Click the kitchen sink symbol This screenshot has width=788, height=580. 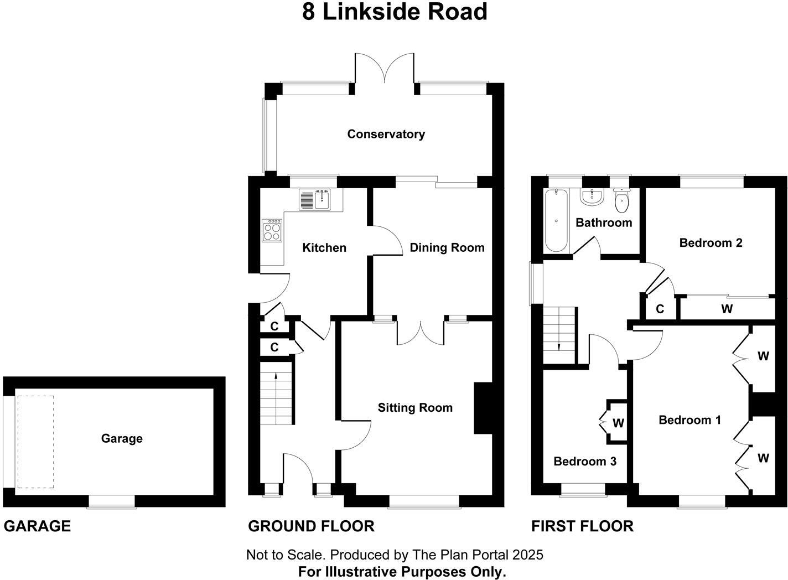coord(315,199)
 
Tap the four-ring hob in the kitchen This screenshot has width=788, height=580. coord(272,230)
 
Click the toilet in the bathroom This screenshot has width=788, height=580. coord(622,201)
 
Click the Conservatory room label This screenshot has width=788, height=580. coord(386,134)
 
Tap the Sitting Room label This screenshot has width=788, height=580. coord(415,408)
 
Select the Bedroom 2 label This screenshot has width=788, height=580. coord(711,242)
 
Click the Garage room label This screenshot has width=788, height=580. coord(122,438)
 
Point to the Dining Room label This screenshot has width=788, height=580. coord(447,247)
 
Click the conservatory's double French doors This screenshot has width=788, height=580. coord(385,69)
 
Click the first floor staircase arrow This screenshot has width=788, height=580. coord(559,346)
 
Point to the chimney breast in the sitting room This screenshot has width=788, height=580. coord(482,408)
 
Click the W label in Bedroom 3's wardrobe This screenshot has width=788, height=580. coord(618,423)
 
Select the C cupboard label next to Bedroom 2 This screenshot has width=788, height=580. coord(660,309)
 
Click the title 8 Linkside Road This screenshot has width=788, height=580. coord(394,12)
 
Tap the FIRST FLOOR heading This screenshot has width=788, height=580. coord(582,526)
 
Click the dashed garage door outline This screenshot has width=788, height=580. coord(35,442)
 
